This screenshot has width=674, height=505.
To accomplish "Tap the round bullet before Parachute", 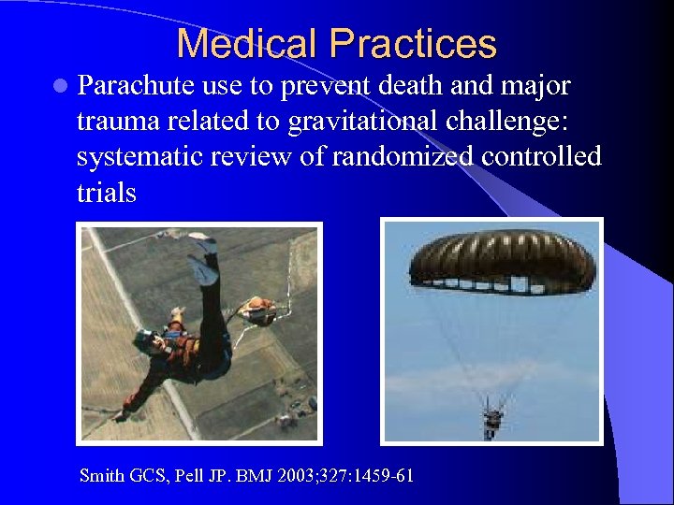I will pyautogui.click(x=61, y=88).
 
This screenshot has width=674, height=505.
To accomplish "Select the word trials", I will pyautogui.click(x=106, y=192).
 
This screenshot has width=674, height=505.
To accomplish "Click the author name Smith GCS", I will pyautogui.click(x=124, y=476).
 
